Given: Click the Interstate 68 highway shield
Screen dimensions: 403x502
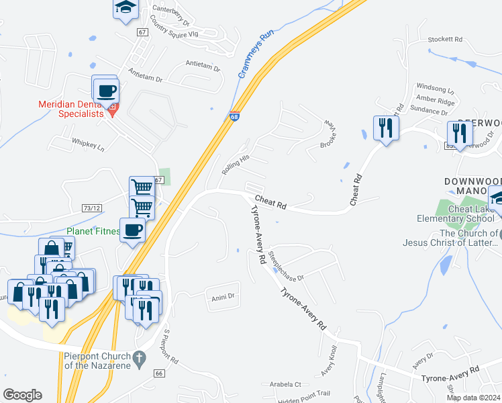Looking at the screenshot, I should pyautogui.click(x=234, y=116).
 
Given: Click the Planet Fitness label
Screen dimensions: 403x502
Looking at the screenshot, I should pyautogui.click(x=93, y=231).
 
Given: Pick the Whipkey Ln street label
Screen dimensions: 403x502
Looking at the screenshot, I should pyautogui.click(x=89, y=144).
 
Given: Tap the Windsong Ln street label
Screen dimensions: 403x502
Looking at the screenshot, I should pyautogui.click(x=435, y=87).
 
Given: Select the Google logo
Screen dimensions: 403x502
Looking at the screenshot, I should pyautogui.click(x=22, y=395).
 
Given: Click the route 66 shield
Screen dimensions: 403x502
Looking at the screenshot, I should pyautogui.click(x=159, y=373).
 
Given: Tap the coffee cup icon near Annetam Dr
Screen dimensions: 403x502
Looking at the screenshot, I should pyautogui.click(x=105, y=90).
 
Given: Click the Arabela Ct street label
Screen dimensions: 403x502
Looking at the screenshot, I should pyautogui.click(x=287, y=385).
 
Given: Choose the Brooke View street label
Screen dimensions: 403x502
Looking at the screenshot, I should pyautogui.click(x=328, y=134).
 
